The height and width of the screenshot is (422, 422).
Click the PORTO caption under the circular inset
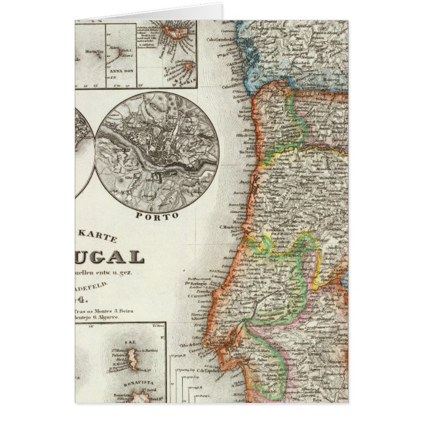(157, 214)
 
